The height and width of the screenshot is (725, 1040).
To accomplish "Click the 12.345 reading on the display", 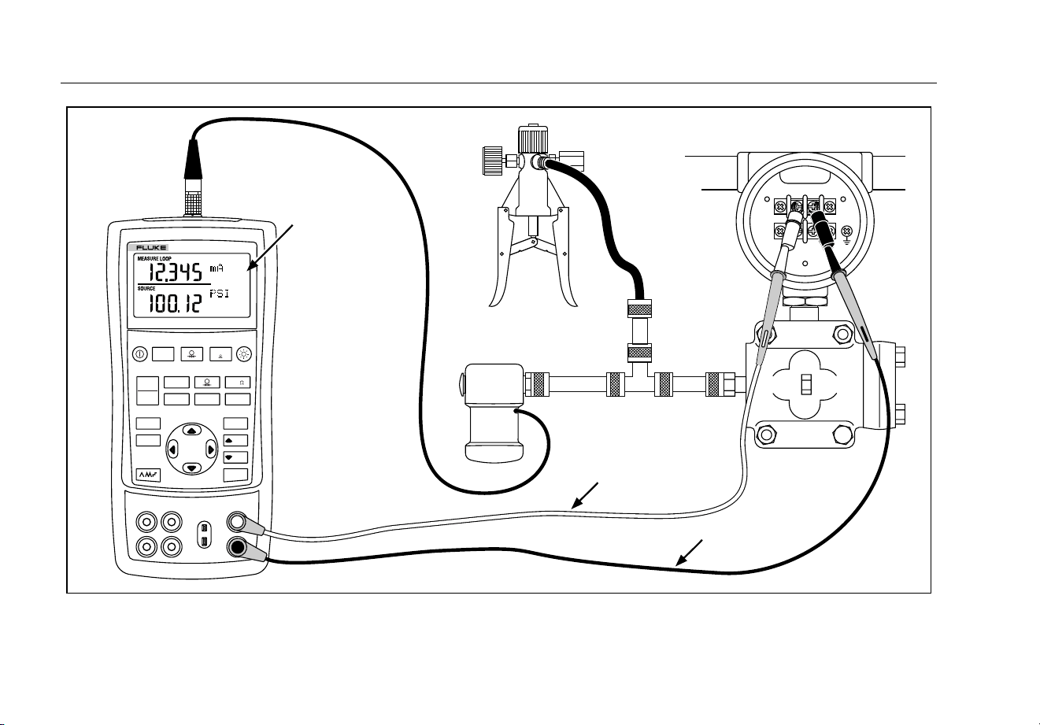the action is [x=175, y=272].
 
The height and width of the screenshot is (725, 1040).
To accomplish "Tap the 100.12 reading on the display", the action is [x=175, y=304].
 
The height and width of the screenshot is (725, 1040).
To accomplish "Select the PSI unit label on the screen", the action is [x=219, y=294].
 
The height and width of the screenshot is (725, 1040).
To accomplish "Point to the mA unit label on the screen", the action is [x=217, y=268].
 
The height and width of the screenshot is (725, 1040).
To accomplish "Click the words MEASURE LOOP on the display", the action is [x=154, y=258].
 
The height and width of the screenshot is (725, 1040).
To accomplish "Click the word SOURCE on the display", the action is [x=146, y=289].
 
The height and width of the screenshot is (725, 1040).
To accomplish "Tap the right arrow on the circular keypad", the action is [x=211, y=449].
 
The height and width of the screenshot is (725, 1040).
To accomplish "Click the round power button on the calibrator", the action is [x=140, y=354].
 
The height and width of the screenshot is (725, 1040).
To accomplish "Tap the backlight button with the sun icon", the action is [x=244, y=354].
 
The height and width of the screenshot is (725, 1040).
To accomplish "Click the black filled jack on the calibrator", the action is [x=238, y=548].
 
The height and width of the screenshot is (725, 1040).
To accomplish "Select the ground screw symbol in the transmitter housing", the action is [x=846, y=233].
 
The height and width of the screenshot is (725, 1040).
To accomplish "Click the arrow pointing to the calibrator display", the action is [x=272, y=247].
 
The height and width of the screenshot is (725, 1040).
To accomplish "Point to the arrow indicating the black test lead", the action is [x=689, y=553].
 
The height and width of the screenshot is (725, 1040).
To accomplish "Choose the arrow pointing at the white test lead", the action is [x=585, y=496].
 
